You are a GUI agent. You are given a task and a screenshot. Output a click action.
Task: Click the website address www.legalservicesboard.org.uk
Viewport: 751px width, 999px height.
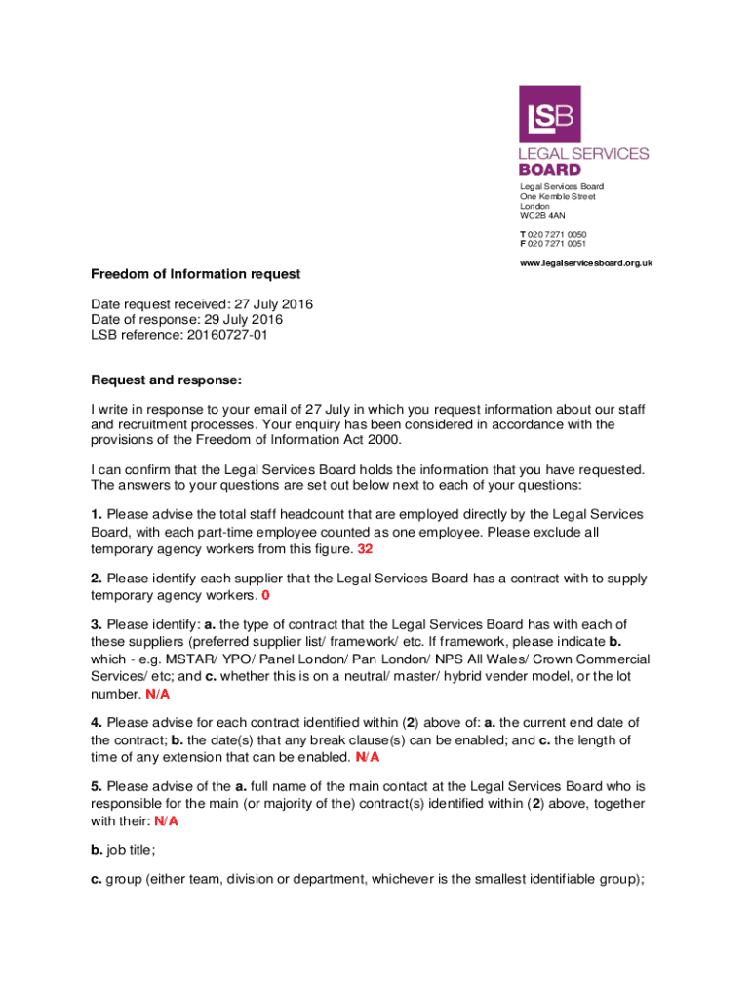pos(585,263)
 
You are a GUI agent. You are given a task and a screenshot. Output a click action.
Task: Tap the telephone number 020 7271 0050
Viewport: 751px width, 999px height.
pos(557,234)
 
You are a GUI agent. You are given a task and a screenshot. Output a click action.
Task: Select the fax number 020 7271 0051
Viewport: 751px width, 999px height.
pos(557,244)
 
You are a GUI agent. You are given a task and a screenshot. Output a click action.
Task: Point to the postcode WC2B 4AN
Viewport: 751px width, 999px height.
pos(542,216)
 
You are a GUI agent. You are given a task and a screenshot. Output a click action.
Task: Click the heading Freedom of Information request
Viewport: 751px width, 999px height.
pos(196,274)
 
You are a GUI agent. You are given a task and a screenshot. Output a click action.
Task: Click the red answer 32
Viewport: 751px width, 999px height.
pos(365,549)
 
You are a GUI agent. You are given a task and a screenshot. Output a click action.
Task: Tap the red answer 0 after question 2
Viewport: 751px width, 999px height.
pos(265,594)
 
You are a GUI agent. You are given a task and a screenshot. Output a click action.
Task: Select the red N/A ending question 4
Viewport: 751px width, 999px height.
pos(368,756)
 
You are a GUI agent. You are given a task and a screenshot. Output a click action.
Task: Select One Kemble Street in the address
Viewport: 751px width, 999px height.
pos(557,197)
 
